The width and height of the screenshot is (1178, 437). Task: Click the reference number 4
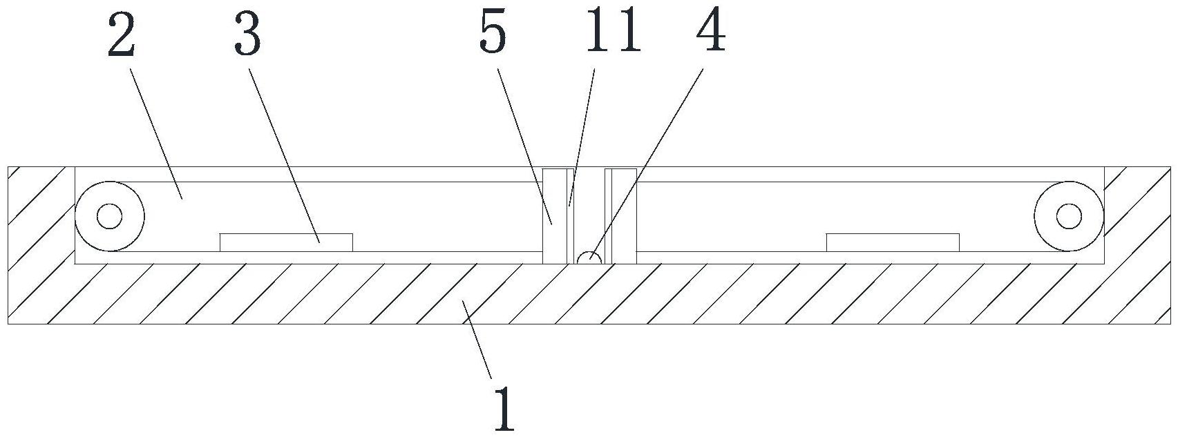pyautogui.click(x=711, y=33)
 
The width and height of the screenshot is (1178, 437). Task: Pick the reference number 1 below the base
pyautogui.click(x=505, y=409)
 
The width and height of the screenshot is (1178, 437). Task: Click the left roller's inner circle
pyautogui.click(x=109, y=216)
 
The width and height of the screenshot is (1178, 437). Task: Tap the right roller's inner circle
pyautogui.click(x=1069, y=216)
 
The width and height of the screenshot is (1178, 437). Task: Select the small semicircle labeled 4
pyautogui.click(x=589, y=258)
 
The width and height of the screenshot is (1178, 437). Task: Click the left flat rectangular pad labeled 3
pyautogui.click(x=286, y=242)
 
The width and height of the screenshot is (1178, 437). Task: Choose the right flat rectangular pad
pyautogui.click(x=893, y=242)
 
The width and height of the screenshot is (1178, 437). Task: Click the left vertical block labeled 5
pyautogui.click(x=554, y=215)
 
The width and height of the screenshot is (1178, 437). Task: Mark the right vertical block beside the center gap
pyautogui.click(x=623, y=215)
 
